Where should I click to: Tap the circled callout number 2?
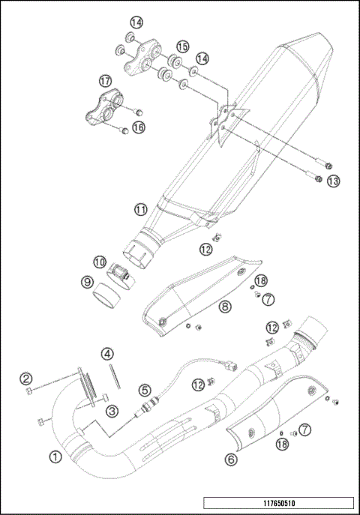point(25,378)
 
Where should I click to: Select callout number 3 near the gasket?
point(111,409)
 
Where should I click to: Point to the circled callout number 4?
point(108,353)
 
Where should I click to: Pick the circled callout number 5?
point(144,389)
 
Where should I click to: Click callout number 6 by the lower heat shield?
point(231,456)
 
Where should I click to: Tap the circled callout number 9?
point(88,283)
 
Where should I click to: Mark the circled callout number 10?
point(99,262)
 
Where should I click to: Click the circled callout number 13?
point(333,181)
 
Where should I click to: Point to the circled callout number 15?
point(182,46)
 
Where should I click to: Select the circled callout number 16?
point(138,128)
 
